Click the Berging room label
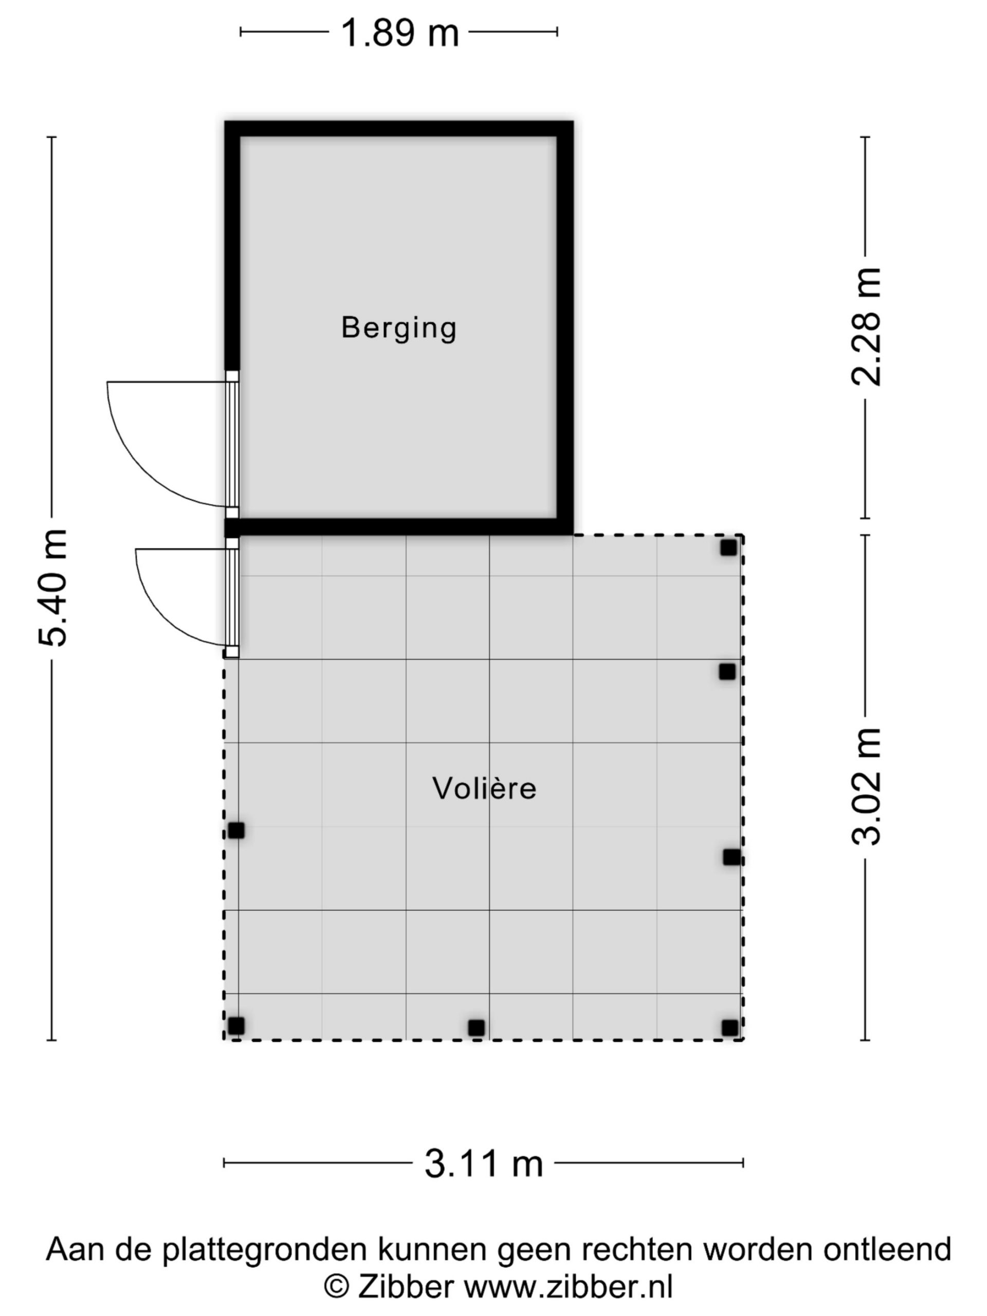(398, 328)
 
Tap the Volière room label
(484, 788)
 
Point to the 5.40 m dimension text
(52, 587)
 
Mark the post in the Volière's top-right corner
(729, 547)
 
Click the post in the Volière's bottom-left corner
(236, 1026)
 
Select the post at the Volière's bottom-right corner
(730, 1028)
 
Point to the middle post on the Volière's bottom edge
(476, 1028)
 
